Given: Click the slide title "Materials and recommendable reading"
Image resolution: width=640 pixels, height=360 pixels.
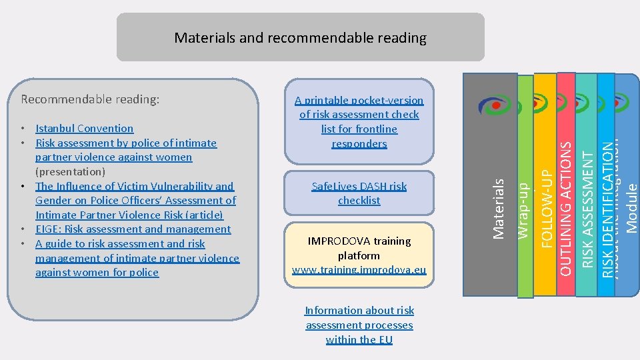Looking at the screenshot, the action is [x=300, y=38].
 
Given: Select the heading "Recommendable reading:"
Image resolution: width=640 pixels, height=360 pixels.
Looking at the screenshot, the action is [x=90, y=99].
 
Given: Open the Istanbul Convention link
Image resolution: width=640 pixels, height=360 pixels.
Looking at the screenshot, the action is [x=84, y=128].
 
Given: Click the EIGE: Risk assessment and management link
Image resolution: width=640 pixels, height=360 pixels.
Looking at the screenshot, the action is [x=133, y=229].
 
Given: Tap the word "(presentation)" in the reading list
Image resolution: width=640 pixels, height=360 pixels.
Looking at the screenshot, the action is [x=71, y=172].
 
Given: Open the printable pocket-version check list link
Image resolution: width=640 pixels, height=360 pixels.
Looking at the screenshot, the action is [x=359, y=121].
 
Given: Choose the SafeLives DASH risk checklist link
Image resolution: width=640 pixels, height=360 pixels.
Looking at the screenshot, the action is [x=359, y=193].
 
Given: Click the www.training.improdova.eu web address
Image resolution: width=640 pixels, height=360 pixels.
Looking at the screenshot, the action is [x=359, y=270].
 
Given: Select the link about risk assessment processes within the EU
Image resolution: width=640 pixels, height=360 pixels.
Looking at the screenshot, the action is [x=359, y=325].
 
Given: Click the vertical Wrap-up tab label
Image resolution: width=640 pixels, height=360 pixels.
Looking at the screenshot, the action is [x=524, y=212].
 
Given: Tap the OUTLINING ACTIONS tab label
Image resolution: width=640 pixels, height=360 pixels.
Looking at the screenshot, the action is [x=565, y=211].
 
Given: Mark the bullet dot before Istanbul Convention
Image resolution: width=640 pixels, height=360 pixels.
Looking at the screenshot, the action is [x=23, y=129].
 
